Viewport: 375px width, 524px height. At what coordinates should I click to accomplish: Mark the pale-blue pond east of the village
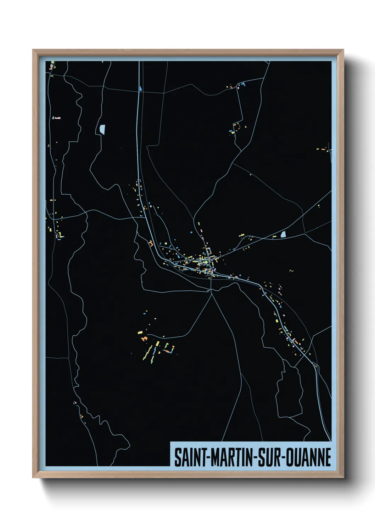click(x=283, y=234)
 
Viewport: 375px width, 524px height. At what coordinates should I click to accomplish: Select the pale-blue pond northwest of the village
click(x=102, y=129)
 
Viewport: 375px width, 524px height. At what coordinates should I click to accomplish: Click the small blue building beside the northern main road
click(x=141, y=89)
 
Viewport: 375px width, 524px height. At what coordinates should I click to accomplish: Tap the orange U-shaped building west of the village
click(x=151, y=244)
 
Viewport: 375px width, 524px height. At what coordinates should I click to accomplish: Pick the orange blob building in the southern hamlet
click(x=144, y=339)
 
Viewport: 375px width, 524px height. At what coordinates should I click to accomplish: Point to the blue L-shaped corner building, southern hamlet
click(x=172, y=351)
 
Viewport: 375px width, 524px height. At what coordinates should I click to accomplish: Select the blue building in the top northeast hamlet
click(x=243, y=84)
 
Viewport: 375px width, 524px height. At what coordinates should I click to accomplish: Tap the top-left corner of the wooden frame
click(x=33, y=50)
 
